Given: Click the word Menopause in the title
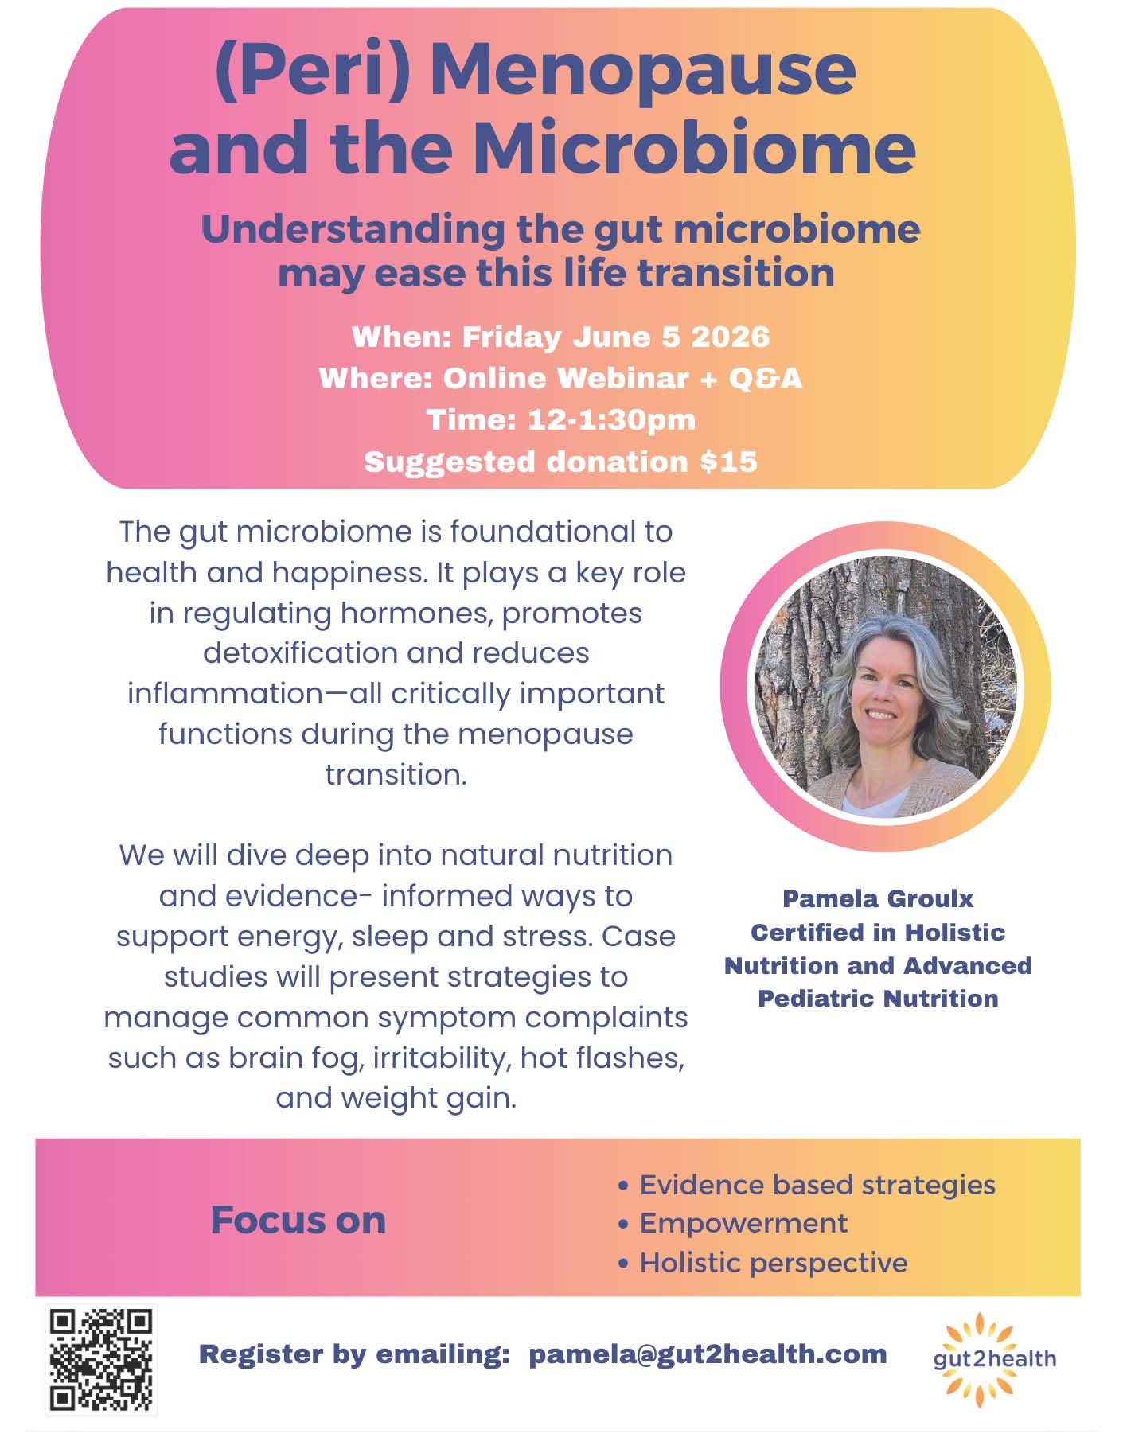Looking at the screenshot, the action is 643,70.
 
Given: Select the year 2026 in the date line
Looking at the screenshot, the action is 730,337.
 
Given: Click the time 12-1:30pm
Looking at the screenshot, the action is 611,419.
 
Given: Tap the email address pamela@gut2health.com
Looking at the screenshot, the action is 708,1354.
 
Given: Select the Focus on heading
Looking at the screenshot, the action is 298,1220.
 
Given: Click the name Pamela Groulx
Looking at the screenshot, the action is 878,898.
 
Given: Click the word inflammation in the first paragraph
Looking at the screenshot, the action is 226,693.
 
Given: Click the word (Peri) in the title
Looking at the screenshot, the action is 313,72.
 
